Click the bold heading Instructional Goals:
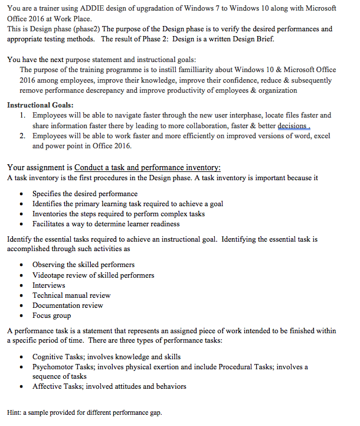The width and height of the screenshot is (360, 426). [40, 105]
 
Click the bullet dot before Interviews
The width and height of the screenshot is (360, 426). [21, 285]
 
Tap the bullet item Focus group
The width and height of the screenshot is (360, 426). [52, 316]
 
